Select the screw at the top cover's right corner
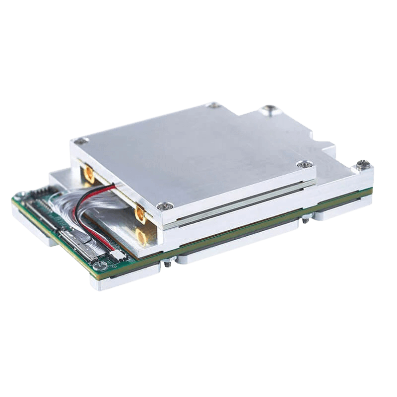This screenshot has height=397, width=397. coord(302,165)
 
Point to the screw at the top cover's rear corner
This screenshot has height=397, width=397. coord(213,105)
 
